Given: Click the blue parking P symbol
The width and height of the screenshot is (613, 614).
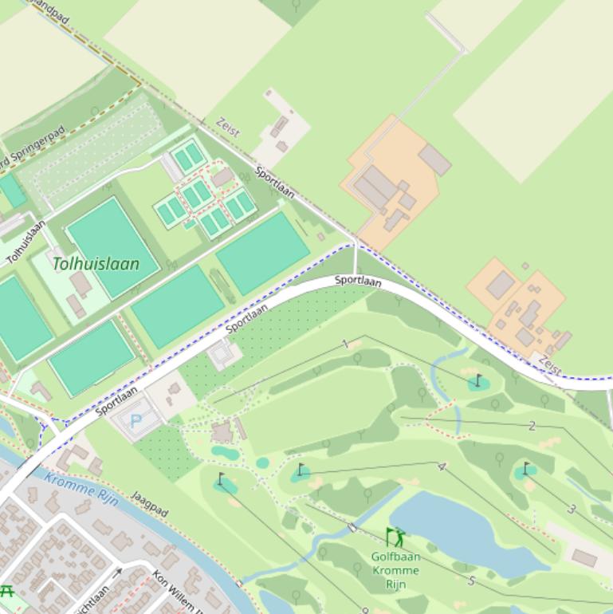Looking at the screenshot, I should click(x=136, y=419).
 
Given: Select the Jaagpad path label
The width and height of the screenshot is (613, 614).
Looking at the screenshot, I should click(x=149, y=504).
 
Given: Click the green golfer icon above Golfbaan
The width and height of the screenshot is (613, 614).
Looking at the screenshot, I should click(x=395, y=537).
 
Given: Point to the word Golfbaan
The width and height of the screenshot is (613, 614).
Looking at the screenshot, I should click(x=395, y=557).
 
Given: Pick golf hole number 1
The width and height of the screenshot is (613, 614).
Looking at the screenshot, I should click(x=345, y=344).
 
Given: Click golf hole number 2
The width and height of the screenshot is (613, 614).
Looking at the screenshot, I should click(x=532, y=426).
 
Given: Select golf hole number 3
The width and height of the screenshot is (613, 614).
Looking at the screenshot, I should click(x=572, y=509).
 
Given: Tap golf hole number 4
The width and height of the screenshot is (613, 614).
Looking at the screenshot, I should click(x=442, y=466).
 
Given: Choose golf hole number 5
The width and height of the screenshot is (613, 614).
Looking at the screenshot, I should click(x=471, y=581).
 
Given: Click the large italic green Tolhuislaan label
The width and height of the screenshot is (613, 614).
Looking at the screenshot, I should click(x=96, y=264).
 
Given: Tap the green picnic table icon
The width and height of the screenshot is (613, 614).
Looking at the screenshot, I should click(x=7, y=591).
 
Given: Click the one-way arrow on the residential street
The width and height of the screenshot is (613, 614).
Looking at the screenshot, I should click(x=118, y=572).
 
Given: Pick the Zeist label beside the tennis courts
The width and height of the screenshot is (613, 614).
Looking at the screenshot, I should click(x=228, y=128).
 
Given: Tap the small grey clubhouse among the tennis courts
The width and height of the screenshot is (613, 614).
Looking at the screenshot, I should click(x=222, y=176).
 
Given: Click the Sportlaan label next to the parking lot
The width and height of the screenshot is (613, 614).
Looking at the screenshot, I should click(x=116, y=401).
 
